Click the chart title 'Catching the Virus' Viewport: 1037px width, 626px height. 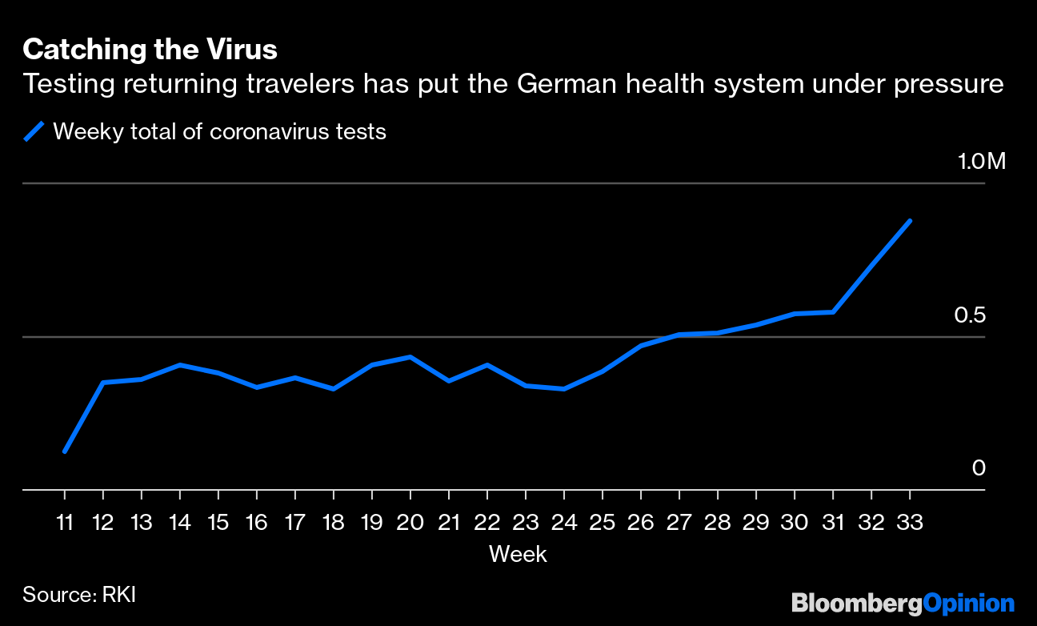pos(150,50)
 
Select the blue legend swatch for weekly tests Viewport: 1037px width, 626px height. pos(34,131)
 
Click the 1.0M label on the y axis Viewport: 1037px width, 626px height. pos(981,162)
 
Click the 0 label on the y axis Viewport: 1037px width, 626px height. pos(978,468)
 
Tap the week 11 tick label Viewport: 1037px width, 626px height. pos(65,523)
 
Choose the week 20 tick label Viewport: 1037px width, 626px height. pos(410,523)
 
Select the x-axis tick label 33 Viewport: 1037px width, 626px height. pos(909,523)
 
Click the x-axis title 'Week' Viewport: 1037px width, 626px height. pos(518,554)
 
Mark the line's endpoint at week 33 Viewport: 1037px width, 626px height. pos(910,221)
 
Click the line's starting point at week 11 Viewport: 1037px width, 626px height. pos(65,451)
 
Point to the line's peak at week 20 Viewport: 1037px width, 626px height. pos(410,357)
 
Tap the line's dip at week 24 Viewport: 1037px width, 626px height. pos(564,389)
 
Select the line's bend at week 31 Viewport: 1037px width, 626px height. pos(833,311)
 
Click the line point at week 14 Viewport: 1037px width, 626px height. pos(180,365)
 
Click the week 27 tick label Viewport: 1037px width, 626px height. pos(679,523)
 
